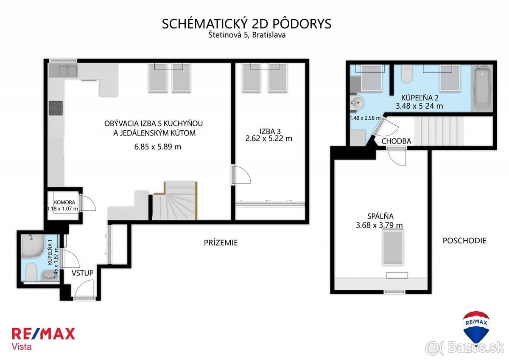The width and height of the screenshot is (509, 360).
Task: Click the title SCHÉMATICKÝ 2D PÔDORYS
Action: pos(246,24)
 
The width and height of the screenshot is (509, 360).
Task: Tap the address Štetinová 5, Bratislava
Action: pos(246,35)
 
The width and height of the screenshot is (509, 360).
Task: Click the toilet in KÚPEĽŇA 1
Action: pos(31,272)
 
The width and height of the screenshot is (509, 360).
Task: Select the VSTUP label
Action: pos(82,273)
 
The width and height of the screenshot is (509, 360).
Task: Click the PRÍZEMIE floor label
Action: pos(221,243)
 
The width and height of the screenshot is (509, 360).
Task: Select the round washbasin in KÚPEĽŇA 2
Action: pos(357,102)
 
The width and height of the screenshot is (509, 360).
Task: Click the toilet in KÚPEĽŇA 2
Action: pos(406,74)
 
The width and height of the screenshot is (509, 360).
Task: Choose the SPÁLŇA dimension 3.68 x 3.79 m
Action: pos(380,225)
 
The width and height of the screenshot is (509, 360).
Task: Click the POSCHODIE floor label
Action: pos(464,240)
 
